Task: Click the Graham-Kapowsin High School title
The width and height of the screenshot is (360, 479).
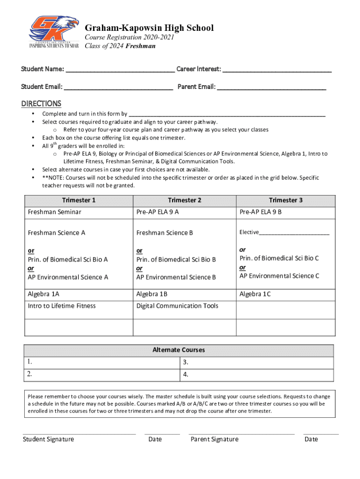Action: click(149, 28)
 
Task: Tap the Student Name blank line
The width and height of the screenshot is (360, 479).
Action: click(120, 70)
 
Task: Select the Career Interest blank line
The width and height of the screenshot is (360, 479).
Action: click(277, 70)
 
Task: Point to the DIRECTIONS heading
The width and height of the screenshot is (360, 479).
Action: click(41, 103)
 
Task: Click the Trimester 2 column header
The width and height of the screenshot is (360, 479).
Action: click(185, 200)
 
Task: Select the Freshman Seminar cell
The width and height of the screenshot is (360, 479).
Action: click(55, 212)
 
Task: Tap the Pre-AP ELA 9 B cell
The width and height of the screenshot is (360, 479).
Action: click(260, 212)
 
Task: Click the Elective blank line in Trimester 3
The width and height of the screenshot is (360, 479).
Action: click(294, 233)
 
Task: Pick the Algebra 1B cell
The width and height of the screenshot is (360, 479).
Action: click(151, 294)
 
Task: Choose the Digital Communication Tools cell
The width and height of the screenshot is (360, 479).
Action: click(177, 306)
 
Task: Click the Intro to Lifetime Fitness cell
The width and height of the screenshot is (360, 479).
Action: click(62, 306)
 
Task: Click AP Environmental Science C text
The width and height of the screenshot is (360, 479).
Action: click(279, 276)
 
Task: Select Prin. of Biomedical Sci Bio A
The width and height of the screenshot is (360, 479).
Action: click(68, 259)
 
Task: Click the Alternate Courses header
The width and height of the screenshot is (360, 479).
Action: click(179, 350)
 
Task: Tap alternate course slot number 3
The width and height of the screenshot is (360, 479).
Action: click(256, 363)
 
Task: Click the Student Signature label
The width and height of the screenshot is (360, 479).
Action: click(48, 439)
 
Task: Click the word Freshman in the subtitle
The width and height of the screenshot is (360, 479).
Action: click(141, 46)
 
